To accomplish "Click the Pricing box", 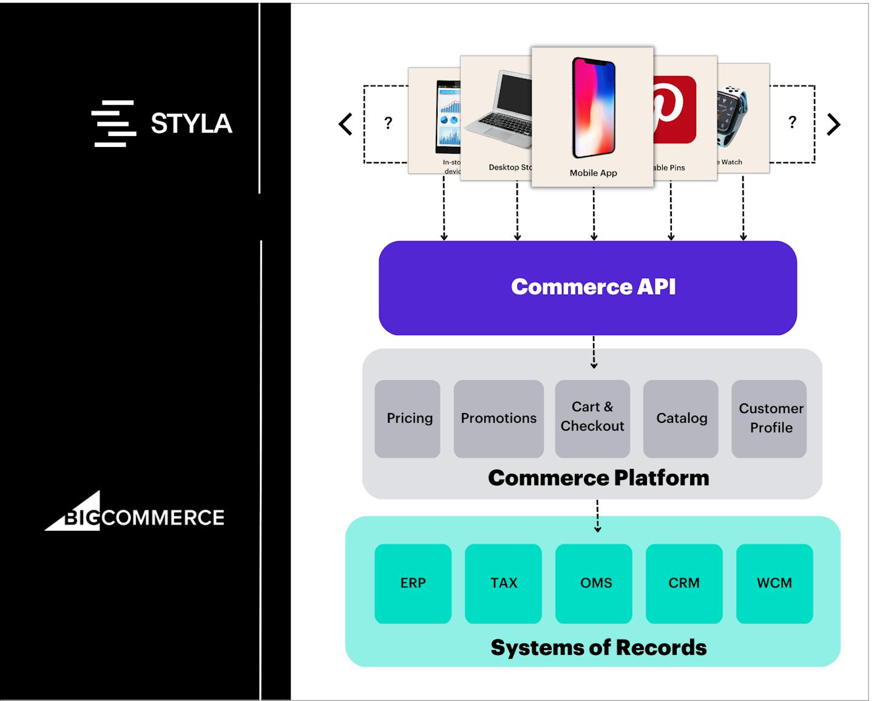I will point(407,419).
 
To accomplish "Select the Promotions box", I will point(498,419).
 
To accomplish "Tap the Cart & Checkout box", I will point(592,419).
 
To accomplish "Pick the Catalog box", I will point(681,419).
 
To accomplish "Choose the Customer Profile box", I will point(770,419).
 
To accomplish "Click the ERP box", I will point(413,583).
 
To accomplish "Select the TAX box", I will point(503,583).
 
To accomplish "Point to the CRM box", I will point(684,583).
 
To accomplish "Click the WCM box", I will point(774,583).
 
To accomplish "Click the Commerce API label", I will point(593,287).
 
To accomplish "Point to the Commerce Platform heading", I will point(598,478).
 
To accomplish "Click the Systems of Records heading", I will point(598,648).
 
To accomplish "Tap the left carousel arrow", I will point(345,125).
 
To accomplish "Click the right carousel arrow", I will point(834,125).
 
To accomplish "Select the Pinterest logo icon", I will point(674,109).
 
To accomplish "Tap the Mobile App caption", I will point(593,173).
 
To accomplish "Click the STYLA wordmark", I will point(191,124).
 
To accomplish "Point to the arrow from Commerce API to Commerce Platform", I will point(594,352).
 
